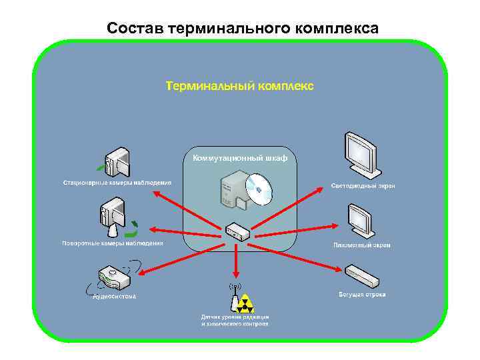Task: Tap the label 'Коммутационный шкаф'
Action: [x=240, y=158]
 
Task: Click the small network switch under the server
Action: [x=237, y=231]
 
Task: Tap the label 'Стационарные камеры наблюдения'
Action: [x=117, y=182]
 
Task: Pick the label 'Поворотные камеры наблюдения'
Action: [x=112, y=243]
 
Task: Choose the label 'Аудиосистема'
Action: [x=114, y=296]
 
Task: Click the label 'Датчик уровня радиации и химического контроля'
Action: [x=235, y=320]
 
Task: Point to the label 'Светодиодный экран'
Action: [x=363, y=186]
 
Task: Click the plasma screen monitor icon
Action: [x=361, y=219]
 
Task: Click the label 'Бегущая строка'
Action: [x=362, y=294]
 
